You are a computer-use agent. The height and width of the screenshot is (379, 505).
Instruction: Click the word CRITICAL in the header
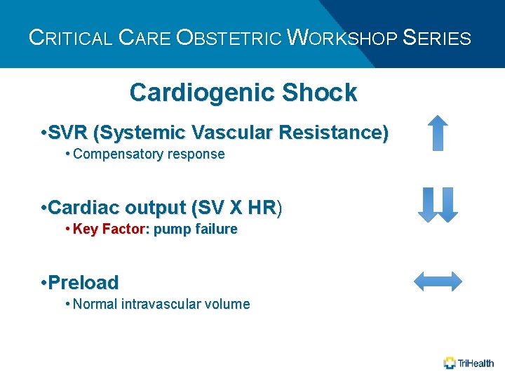tap(70, 37)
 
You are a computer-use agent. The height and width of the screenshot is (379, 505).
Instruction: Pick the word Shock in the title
tap(319, 92)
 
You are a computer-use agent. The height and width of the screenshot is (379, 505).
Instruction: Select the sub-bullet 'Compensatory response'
tap(148, 154)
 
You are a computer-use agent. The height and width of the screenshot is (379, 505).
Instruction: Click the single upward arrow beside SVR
tap(438, 133)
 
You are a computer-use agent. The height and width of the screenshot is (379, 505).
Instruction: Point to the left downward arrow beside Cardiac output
tap(428, 205)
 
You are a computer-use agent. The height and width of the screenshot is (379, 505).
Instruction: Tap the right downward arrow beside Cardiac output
tap(447, 205)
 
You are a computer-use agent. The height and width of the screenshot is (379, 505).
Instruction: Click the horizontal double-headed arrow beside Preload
tap(438, 281)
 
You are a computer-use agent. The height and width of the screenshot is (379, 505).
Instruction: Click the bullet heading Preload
tap(83, 283)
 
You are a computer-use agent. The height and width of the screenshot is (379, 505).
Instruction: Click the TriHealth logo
tap(469, 363)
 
